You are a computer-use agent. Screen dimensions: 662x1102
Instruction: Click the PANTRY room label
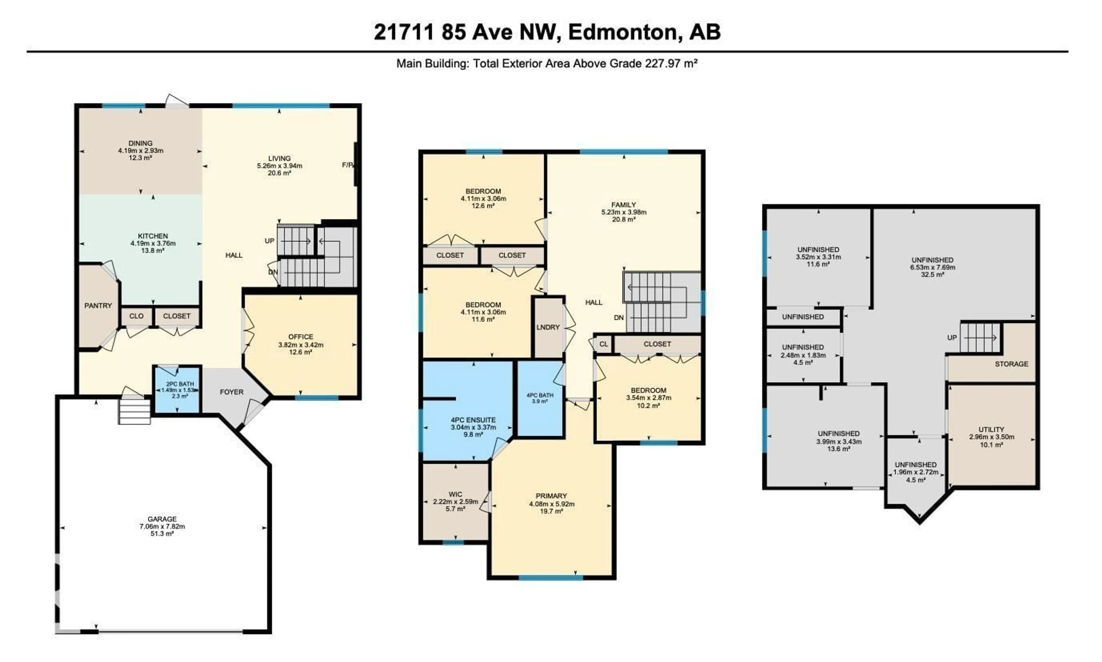[x=98, y=306]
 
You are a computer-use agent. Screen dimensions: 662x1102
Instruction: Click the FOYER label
[x=232, y=392]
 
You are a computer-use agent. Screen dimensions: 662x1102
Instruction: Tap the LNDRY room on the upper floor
[x=548, y=327]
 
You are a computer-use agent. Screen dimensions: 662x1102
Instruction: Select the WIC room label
[x=455, y=494]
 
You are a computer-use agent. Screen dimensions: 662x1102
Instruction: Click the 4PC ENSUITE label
[x=473, y=420]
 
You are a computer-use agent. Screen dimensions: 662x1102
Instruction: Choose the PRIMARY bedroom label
[x=552, y=496]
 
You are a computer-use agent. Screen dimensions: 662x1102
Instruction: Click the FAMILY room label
[x=624, y=205]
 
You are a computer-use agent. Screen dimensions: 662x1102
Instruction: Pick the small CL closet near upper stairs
[x=604, y=344]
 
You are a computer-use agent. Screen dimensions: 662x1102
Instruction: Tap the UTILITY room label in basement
[x=991, y=430]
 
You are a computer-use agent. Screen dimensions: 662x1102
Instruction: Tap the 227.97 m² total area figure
[x=671, y=64]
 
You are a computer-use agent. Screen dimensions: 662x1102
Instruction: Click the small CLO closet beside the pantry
[x=137, y=316]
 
